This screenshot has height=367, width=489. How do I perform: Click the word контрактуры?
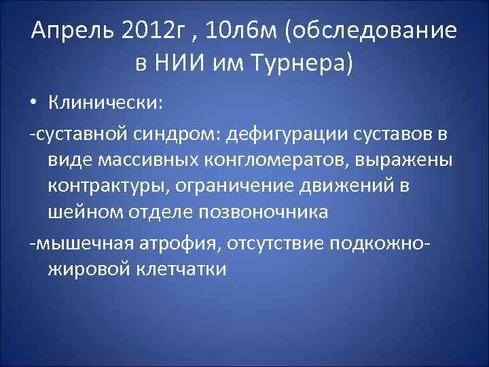point(115,187)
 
